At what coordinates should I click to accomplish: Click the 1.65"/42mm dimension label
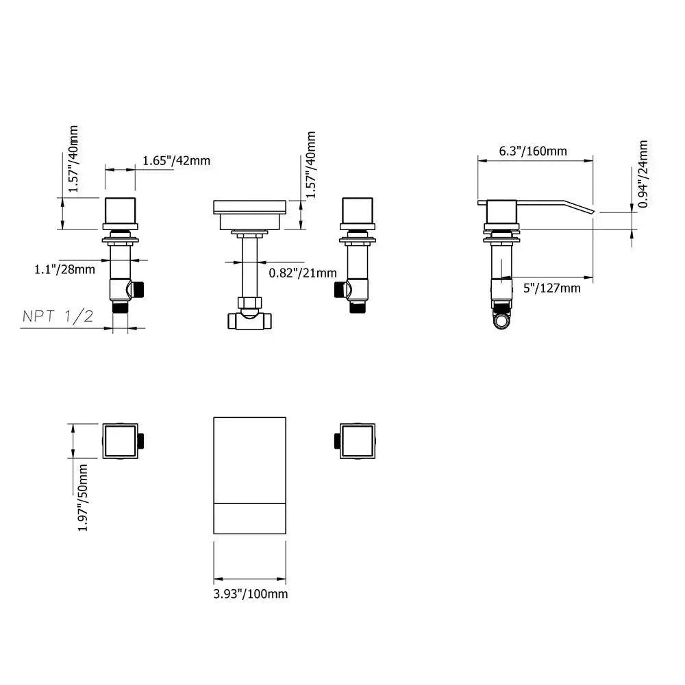pyautogui.click(x=176, y=161)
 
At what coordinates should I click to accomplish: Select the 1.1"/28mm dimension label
pyautogui.click(x=64, y=269)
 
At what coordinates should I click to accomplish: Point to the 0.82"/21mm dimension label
pyautogui.click(x=302, y=273)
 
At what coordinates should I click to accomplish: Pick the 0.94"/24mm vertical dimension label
pyautogui.click(x=643, y=174)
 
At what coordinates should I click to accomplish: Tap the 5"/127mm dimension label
pyautogui.click(x=551, y=288)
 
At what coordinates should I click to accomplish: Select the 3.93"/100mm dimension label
pyautogui.click(x=250, y=593)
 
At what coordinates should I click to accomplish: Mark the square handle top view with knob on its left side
pyautogui.click(x=357, y=440)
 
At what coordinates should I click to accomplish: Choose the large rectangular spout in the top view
pyautogui.click(x=250, y=475)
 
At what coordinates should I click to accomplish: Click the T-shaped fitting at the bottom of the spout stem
pyautogui.click(x=249, y=320)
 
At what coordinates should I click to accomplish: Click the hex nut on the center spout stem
pyautogui.click(x=249, y=302)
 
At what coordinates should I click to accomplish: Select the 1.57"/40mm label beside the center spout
pyautogui.click(x=312, y=165)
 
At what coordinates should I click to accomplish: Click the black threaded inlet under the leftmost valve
pyautogui.click(x=121, y=308)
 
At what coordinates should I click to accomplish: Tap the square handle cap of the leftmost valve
pyautogui.click(x=121, y=211)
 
